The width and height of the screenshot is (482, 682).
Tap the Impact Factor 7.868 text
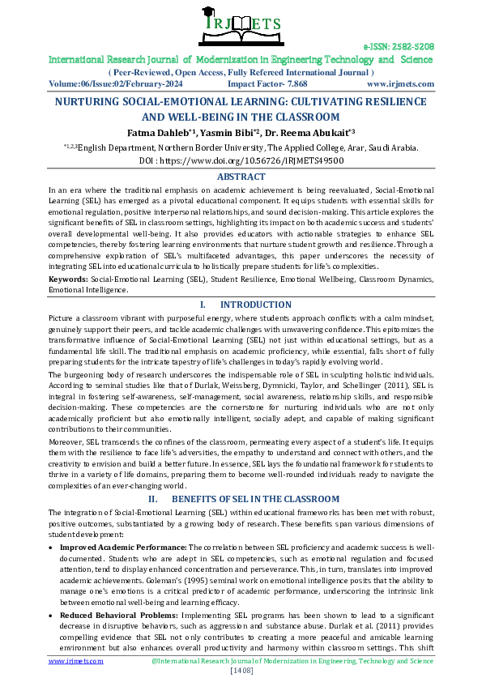[x=267, y=83]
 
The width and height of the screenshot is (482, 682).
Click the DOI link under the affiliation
[x=241, y=160]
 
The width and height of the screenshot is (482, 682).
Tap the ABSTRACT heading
[x=241, y=177]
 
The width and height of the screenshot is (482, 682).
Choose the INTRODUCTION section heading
[x=255, y=305]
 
